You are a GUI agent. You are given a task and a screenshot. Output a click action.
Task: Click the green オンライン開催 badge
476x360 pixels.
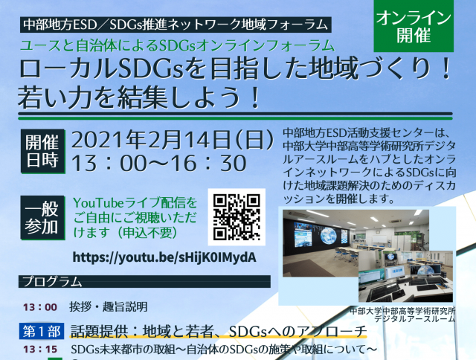(414, 26)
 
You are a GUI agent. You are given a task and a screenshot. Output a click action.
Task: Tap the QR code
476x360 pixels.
(237, 217)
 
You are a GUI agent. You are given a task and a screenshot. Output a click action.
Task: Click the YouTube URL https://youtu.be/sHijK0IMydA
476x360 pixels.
(164, 257)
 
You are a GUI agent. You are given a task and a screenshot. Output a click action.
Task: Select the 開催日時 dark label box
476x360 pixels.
(43, 151)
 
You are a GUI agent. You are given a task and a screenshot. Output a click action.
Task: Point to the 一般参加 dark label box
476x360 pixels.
(43, 218)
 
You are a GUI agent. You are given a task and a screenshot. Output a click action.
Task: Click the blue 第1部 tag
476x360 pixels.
(42, 331)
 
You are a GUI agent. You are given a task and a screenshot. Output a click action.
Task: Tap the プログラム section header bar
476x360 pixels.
(144, 281)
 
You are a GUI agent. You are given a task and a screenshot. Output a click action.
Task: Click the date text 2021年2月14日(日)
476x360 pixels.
(173, 140)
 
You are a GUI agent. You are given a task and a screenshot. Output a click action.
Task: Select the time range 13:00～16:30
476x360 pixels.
(159, 164)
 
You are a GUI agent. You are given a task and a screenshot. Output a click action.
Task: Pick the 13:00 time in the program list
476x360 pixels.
(40, 307)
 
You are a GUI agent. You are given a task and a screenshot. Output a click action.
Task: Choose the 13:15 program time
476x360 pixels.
(40, 350)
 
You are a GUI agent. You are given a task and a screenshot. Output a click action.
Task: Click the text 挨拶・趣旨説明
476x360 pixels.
(109, 307)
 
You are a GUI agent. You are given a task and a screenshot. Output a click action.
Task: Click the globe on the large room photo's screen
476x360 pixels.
(328, 236)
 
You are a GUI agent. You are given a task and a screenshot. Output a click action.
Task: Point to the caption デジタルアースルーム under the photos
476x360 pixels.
(414, 318)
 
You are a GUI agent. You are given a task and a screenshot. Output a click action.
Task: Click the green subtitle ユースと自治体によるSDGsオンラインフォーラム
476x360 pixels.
(177, 45)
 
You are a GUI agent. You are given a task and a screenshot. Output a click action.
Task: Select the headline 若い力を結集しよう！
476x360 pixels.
(140, 97)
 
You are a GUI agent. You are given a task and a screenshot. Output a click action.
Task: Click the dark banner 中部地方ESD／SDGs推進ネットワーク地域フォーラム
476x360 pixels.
(176, 25)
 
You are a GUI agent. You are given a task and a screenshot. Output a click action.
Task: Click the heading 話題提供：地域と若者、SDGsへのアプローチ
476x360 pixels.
(219, 332)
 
